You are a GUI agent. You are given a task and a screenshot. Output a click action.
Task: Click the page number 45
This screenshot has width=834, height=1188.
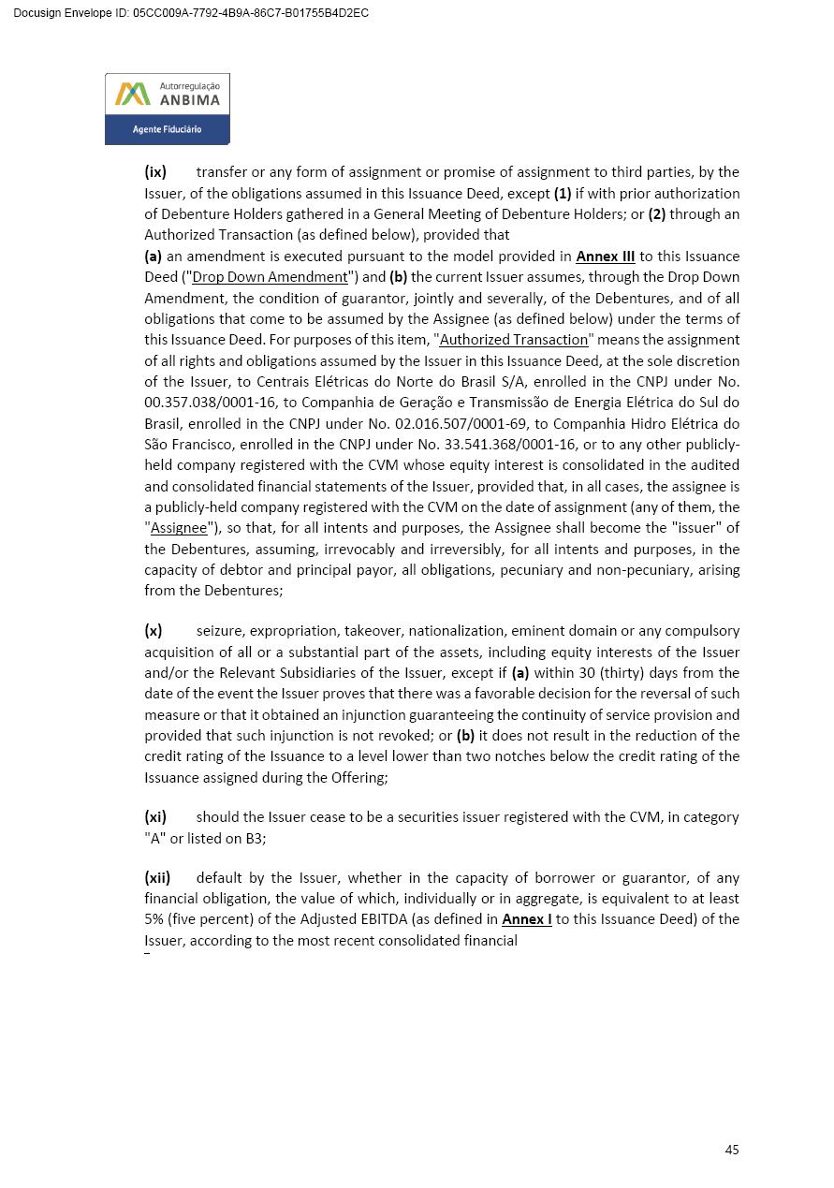coord(732,1150)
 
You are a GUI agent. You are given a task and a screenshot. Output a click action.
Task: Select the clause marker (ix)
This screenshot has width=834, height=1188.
coord(155,172)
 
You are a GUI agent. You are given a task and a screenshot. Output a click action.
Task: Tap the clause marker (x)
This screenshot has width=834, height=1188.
coord(154,631)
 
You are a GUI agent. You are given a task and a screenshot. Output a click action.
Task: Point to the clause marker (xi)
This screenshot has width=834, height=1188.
coord(155,817)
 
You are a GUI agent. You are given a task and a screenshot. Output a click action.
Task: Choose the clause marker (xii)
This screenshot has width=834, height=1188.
coord(157,878)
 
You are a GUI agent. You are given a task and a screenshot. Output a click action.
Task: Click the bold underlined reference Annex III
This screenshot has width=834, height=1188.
coord(605,257)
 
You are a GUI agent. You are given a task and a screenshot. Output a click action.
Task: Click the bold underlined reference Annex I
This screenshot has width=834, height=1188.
coord(526,919)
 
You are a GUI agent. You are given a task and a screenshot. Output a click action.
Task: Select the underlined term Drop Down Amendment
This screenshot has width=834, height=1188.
coord(270,277)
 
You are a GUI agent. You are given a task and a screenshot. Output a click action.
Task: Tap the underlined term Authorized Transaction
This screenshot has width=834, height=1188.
coord(513,340)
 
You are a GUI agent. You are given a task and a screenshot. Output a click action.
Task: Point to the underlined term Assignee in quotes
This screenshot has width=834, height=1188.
coord(179,528)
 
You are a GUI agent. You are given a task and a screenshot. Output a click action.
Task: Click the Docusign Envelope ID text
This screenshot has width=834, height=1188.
coord(191,13)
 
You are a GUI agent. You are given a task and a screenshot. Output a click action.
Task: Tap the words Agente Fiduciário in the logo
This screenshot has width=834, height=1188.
coord(167,129)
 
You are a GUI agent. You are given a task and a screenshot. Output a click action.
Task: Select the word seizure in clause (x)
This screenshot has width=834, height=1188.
coord(222,631)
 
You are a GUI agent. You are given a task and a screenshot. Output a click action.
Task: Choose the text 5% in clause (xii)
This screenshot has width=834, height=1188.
coord(154,919)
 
